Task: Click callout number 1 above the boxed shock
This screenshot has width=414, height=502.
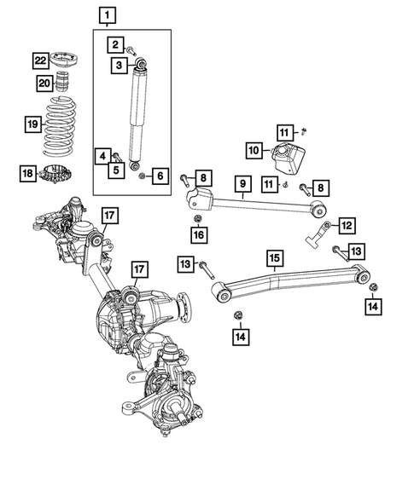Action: click(x=107, y=14)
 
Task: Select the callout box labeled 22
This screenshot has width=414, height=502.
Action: click(x=41, y=60)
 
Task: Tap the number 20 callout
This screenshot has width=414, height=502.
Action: click(x=44, y=83)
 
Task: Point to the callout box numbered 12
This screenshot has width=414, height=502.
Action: click(x=347, y=225)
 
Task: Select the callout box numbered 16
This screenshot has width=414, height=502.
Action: click(x=198, y=235)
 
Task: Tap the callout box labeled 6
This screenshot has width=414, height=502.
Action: click(x=160, y=176)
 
